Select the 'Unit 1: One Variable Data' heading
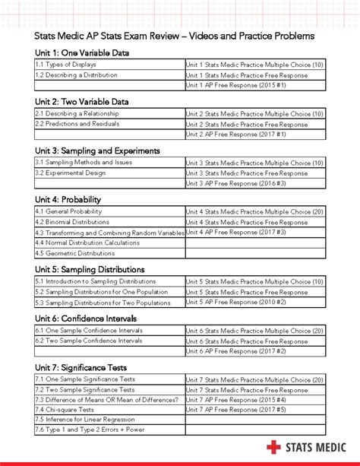click(x=82, y=52)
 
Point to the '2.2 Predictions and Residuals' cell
click(x=77, y=124)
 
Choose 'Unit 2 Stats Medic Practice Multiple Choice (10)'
click(x=255, y=113)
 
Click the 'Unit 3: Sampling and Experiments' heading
click(x=97, y=151)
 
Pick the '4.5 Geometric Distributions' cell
click(x=77, y=254)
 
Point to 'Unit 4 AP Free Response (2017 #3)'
click(x=236, y=232)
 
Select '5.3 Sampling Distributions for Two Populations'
click(x=103, y=303)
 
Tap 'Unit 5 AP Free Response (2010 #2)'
click(x=236, y=303)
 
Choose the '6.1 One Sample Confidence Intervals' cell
click(x=89, y=330)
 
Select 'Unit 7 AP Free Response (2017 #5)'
click(x=236, y=409)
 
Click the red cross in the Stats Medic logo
click(x=273, y=447)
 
